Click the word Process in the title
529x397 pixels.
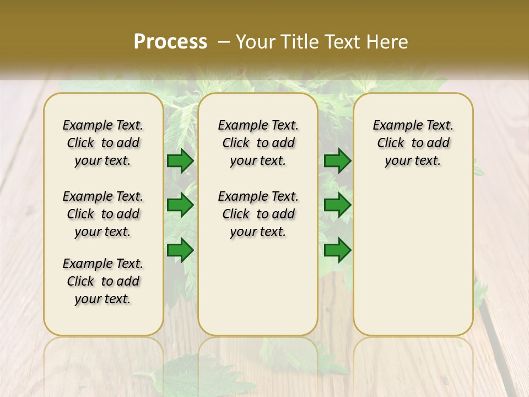[170, 42]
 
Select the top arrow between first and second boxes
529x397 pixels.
[180, 160]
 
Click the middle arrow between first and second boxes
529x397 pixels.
[180, 205]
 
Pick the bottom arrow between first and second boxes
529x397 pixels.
[180, 250]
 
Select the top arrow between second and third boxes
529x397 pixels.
[337, 160]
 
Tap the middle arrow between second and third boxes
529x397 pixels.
[337, 205]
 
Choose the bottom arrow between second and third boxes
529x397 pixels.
[337, 250]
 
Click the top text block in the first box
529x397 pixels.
[103, 143]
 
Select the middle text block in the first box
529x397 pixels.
[103, 214]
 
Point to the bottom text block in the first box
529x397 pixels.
[103, 281]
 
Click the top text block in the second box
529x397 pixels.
[258, 143]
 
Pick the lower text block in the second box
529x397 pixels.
[258, 214]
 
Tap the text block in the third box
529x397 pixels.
[413, 143]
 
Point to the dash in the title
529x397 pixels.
[224, 42]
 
